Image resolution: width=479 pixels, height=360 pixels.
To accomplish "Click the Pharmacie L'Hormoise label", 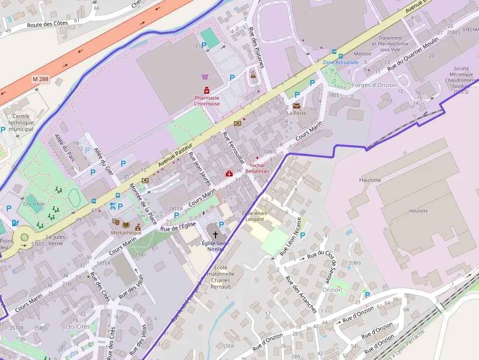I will tap(207, 101).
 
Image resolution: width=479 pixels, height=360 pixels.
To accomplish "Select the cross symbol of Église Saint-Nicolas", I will tap(215, 234).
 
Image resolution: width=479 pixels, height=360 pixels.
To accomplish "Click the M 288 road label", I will tap(41, 78).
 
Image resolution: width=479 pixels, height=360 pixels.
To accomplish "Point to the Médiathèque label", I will tap(126, 233).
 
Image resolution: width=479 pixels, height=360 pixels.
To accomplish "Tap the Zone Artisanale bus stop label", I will tap(340, 63).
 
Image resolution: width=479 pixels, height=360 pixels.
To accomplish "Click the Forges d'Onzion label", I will tap(374, 85).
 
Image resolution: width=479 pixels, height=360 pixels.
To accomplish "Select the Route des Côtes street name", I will tap(47, 25).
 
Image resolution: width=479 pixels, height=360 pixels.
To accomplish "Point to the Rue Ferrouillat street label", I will tap(233, 150).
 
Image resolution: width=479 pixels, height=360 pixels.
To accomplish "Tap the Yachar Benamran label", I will tap(257, 169).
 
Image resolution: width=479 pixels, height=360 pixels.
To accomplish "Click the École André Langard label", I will tap(253, 216).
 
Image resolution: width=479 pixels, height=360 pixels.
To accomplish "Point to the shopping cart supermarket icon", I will tap(205, 77).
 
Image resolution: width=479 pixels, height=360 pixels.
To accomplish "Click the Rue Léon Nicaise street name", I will tap(291, 236).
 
